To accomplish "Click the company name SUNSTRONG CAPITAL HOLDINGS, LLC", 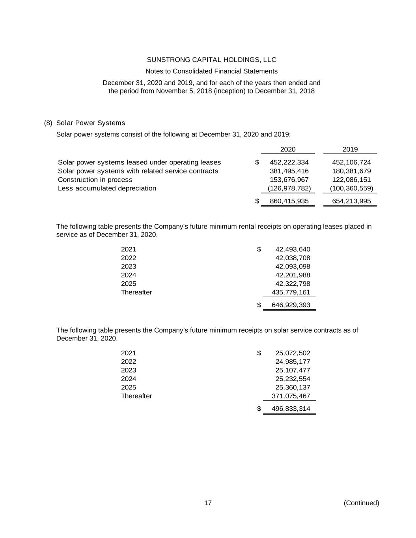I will click(x=211, y=60).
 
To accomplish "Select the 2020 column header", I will click(x=287, y=149).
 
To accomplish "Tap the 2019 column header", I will click(x=350, y=149).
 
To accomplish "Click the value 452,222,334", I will click(x=289, y=162).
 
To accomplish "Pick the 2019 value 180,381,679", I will click(x=351, y=171).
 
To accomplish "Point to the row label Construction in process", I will click(x=95, y=180).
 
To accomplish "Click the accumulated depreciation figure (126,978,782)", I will click(x=289, y=188).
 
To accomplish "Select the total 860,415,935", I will click(x=289, y=201).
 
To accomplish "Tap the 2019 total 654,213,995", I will click(x=351, y=201).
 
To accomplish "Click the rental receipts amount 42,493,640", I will click(x=293, y=249).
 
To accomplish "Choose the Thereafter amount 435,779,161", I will click(x=291, y=292).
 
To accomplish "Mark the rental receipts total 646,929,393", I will click(x=291, y=305).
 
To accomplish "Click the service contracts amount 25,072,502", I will click(x=293, y=353).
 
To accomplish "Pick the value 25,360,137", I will click(x=293, y=387).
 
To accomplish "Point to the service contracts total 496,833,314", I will click(x=291, y=409).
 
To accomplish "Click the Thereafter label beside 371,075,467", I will click(x=136, y=396).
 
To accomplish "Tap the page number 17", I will click(x=208, y=503).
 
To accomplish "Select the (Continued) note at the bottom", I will click(x=361, y=503).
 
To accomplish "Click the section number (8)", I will click(x=48, y=123).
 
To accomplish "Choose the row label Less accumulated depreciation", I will click(x=107, y=188).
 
